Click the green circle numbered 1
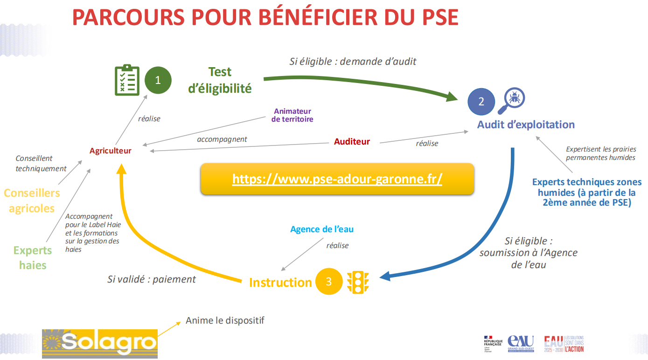coord(158,80)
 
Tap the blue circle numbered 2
coord(481,101)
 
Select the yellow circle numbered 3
coord(329,281)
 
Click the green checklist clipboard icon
coord(127,80)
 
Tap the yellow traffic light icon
coord(358,282)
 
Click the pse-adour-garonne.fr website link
coord(337,179)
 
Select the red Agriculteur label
coord(111,151)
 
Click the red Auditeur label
coord(352,141)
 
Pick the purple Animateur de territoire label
coord(293,115)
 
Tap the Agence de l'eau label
coord(322,229)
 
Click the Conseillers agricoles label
coord(32,201)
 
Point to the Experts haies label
coord(33,257)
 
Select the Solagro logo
coord(100,343)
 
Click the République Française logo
coord(493,343)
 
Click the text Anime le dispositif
coord(225,320)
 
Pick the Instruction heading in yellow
coord(280,282)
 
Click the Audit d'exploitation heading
coord(526,125)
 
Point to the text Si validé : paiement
coord(152,279)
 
